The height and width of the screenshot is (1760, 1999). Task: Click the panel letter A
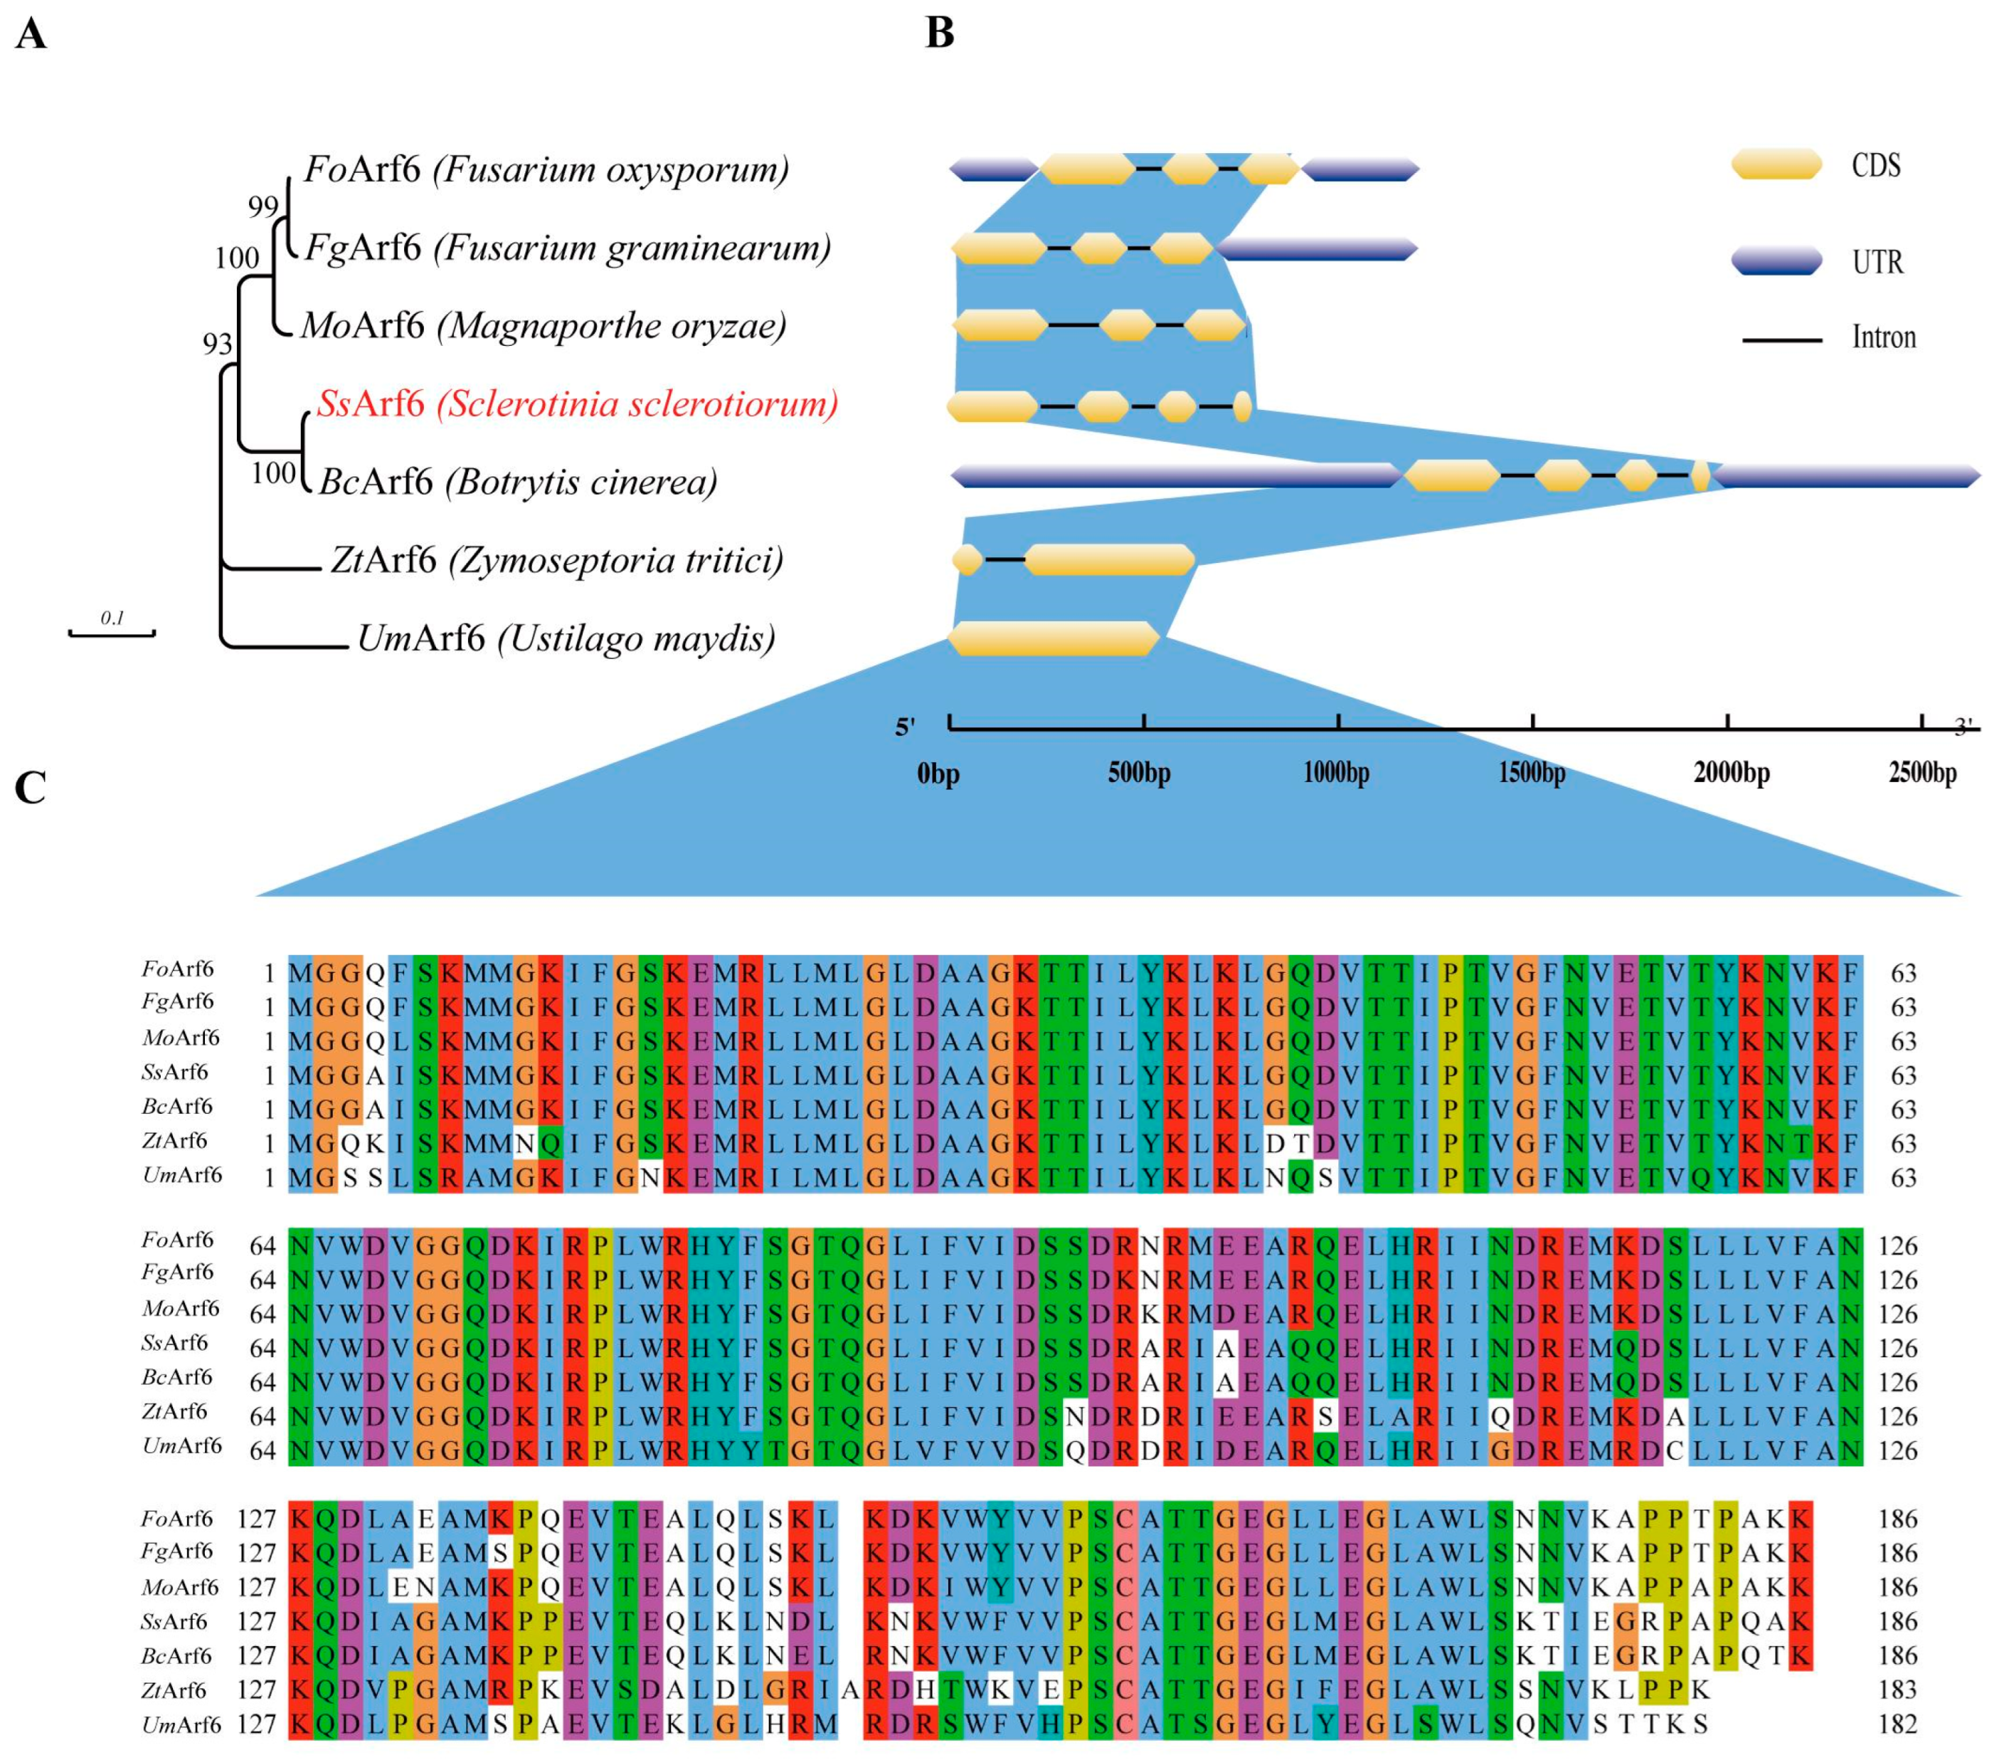31,35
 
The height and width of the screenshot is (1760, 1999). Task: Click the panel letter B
939,33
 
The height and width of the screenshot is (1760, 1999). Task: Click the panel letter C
31,788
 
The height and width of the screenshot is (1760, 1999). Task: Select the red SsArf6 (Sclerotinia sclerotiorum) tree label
577,403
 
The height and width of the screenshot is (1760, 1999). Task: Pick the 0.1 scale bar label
112,617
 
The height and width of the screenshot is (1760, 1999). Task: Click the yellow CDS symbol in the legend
1776,164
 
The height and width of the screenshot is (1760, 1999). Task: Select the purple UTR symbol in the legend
1776,261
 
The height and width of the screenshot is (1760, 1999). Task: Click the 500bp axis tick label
1140,773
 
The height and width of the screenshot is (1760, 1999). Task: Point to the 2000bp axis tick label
1731,773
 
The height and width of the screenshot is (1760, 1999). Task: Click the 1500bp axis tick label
1532,773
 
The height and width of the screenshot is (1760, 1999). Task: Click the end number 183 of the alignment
1897,1690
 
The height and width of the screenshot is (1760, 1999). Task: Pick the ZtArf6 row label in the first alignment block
175,1141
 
